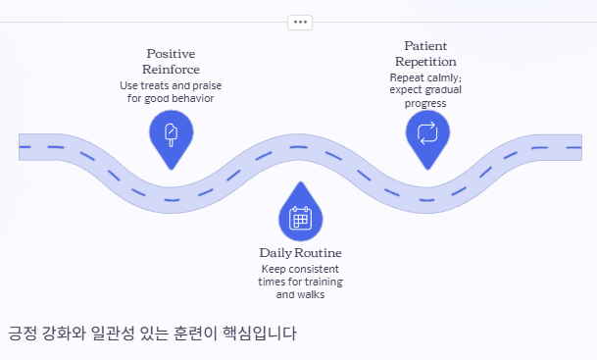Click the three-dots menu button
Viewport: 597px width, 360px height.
[300, 23]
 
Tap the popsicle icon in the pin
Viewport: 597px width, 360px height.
[171, 134]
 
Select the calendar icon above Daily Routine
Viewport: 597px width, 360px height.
[300, 218]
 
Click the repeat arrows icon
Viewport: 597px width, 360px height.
[427, 133]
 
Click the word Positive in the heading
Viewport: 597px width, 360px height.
[171, 54]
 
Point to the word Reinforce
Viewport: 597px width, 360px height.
[171, 70]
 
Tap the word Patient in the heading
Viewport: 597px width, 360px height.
[425, 46]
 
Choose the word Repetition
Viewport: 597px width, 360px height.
[425, 62]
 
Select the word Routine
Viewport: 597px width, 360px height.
[318, 253]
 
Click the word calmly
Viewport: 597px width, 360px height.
[442, 77]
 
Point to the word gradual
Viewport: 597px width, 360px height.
[442, 90]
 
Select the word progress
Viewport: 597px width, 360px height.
[425, 104]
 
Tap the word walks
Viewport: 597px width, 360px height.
[313, 294]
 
